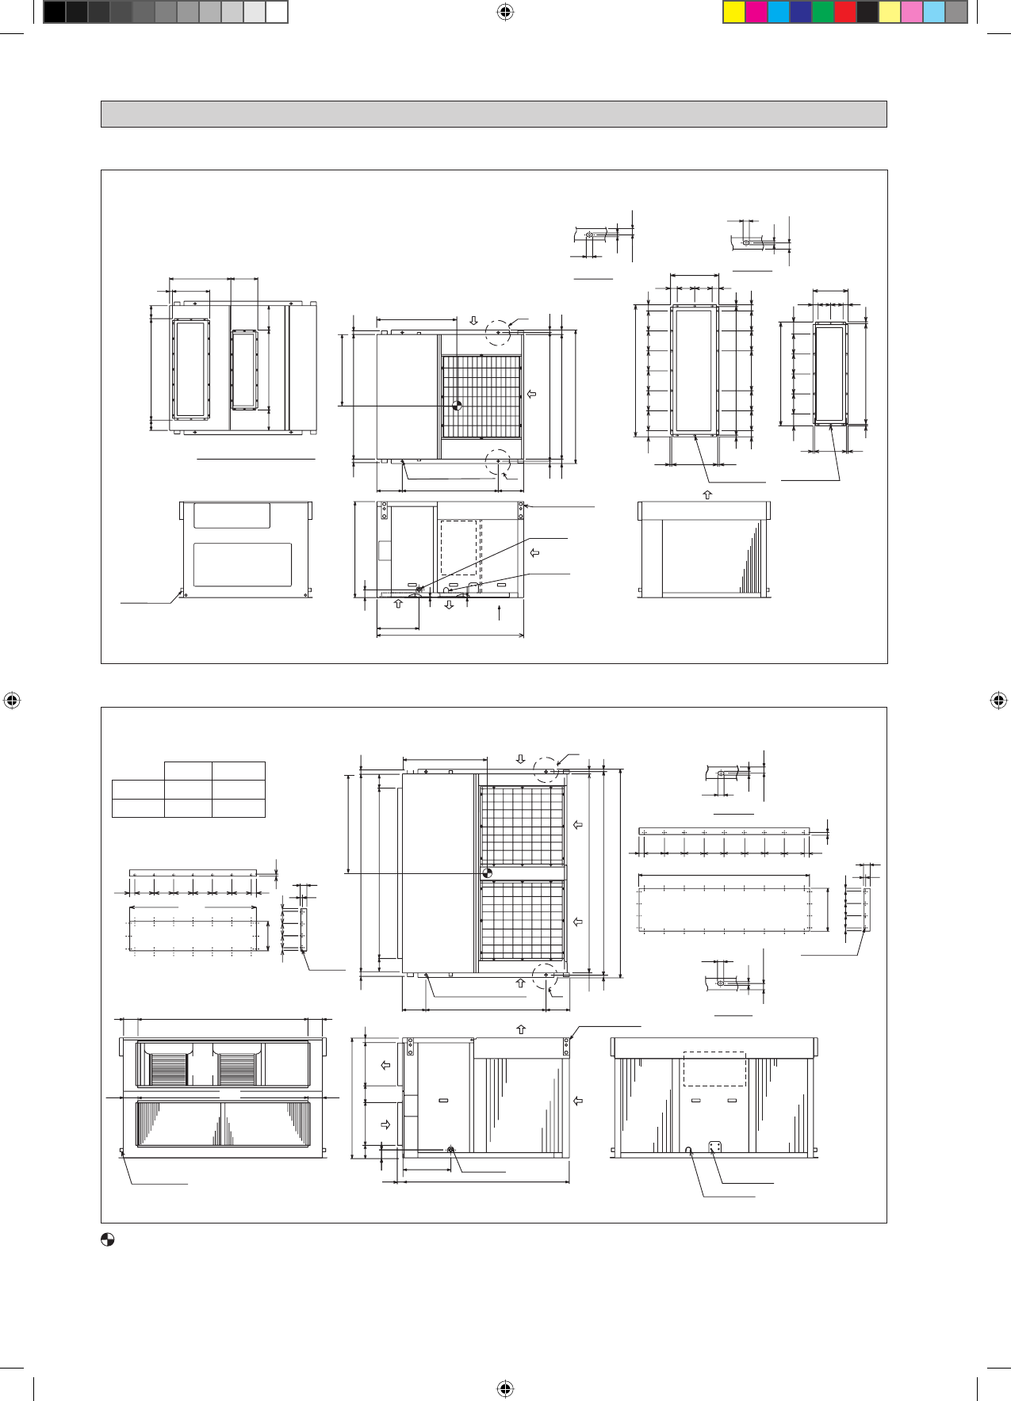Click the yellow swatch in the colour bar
coord(734,13)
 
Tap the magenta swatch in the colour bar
coord(756,13)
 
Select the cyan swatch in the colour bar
coord(779,13)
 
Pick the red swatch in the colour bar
coord(845,13)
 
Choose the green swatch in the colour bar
coord(823,13)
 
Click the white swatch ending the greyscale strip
coord(276,13)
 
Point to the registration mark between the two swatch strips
coord(505,12)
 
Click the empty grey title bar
coord(493,114)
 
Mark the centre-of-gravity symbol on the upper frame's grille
coord(457,406)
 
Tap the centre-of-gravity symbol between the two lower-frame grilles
coord(487,872)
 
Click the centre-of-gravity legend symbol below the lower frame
coord(108,1240)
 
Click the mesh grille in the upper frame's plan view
coord(481,396)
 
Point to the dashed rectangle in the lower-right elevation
coord(714,1069)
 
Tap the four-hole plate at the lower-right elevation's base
coord(715,1148)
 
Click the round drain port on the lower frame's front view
coord(450,1150)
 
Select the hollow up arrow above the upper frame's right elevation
coord(708,494)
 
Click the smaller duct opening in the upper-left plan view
coord(244,370)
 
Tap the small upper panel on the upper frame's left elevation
coord(232,515)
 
